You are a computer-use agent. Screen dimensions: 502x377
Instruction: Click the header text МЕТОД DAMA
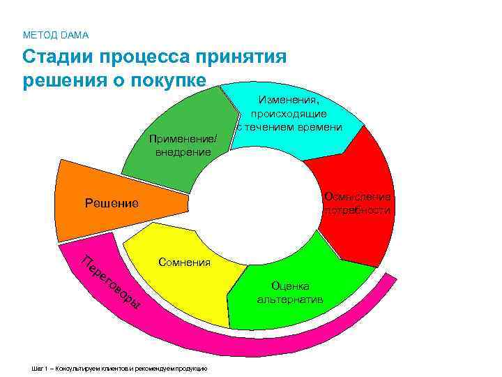pyautogui.click(x=56, y=34)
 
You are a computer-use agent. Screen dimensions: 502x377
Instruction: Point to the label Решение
pyautogui.click(x=112, y=203)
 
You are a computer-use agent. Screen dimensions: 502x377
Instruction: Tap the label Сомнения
pyautogui.click(x=184, y=262)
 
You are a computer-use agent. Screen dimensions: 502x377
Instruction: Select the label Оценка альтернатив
pyautogui.click(x=290, y=293)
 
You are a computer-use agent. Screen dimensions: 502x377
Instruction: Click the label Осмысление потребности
pyautogui.click(x=357, y=203)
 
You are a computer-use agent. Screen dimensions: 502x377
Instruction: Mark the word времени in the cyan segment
pyautogui.click(x=320, y=126)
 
